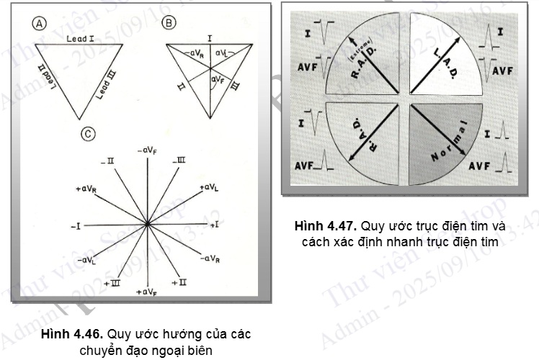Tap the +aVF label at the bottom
146,292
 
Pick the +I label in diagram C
214,225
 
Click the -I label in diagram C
75,226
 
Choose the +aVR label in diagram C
86,188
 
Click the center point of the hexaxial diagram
147,225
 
